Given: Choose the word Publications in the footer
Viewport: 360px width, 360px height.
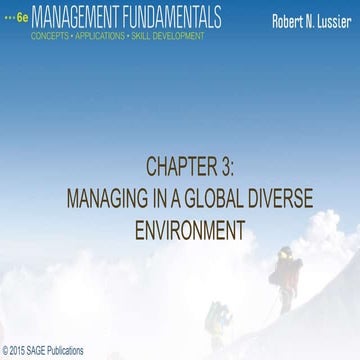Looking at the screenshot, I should tap(70, 351).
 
